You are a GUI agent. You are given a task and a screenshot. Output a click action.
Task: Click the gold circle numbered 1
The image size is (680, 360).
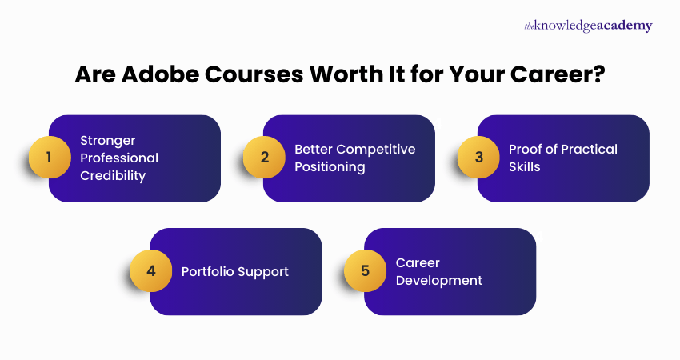point(49,158)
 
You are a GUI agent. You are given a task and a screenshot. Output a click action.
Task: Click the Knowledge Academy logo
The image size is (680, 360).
point(588,26)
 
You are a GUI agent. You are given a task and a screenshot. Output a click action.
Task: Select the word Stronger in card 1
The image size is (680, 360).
point(108,139)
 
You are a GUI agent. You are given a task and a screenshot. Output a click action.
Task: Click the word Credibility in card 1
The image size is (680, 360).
point(113,175)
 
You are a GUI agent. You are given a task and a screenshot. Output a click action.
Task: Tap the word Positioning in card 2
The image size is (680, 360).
point(330,167)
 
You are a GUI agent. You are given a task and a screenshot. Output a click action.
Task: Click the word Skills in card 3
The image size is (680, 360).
point(525,167)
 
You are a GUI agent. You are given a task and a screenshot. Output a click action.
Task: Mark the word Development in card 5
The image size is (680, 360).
point(439,280)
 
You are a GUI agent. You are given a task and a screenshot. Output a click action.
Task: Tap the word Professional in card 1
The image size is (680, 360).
point(119,158)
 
